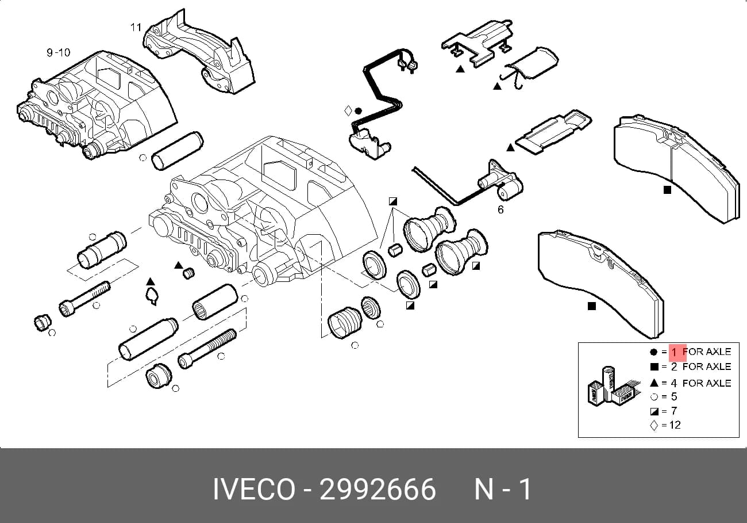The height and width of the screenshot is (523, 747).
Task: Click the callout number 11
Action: pos(136,27)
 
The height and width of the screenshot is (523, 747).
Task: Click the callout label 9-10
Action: pos(59,52)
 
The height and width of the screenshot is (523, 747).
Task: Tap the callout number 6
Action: pos(500,210)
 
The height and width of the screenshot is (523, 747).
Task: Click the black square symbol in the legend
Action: pos(654,367)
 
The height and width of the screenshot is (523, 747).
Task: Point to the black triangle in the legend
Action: pos(654,383)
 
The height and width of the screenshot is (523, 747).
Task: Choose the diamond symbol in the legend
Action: pos(654,426)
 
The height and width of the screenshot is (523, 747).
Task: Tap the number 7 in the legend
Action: pos(674,411)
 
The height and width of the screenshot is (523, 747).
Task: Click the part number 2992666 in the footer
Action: pos(378,489)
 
